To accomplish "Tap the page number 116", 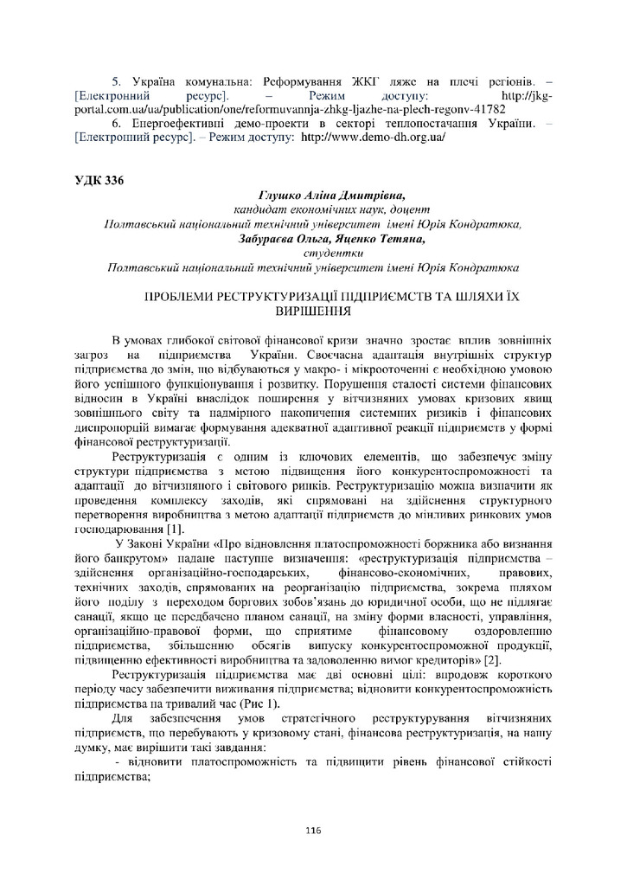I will click(x=313, y=831).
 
